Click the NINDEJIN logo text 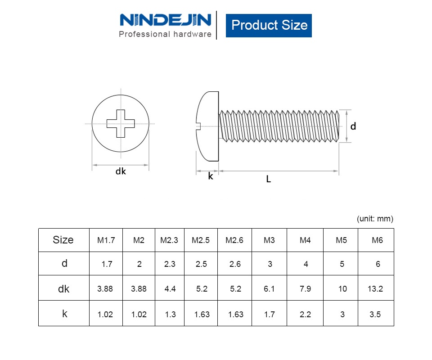[x=165, y=20]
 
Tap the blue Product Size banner [x=269, y=25]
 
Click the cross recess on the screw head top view [x=121, y=123]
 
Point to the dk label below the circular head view [x=121, y=171]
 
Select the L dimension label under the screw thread [x=268, y=179]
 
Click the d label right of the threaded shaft [x=353, y=126]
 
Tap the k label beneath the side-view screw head [x=210, y=176]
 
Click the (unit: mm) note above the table [x=375, y=219]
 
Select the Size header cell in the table [x=63, y=240]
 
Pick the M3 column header [x=269, y=240]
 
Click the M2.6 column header [x=234, y=240]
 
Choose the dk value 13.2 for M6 [x=375, y=289]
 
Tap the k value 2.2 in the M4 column [x=305, y=315]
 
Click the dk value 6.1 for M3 [x=269, y=289]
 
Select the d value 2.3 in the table [x=170, y=264]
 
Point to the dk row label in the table [x=64, y=289]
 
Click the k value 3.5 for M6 [x=375, y=315]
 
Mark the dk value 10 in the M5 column [x=342, y=289]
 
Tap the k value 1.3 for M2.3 [x=170, y=315]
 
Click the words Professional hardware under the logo [x=165, y=34]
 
